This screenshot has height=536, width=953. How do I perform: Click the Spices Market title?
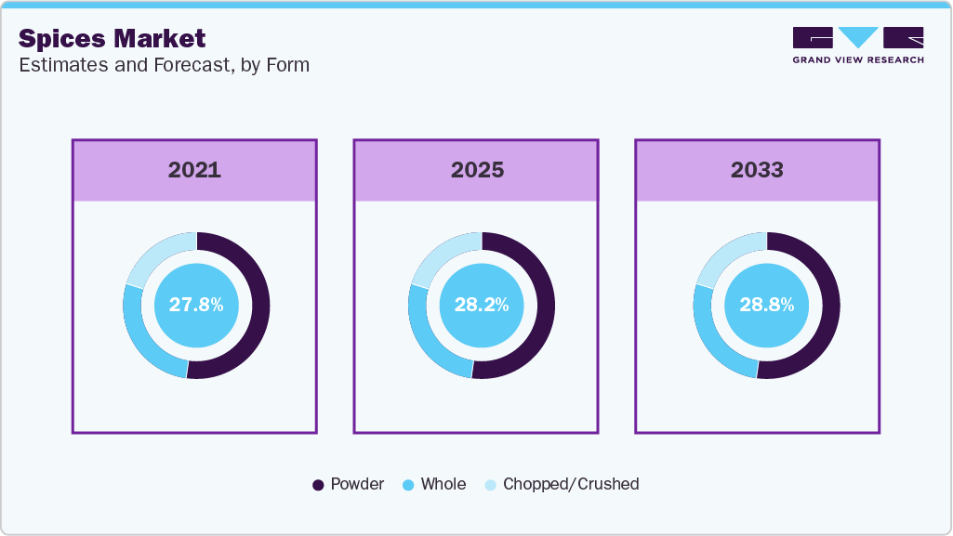tap(112, 39)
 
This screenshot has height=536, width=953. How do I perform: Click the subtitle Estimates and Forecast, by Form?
tap(164, 65)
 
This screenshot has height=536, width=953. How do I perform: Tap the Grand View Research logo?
tap(858, 46)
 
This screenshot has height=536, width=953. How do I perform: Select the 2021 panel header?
tap(194, 170)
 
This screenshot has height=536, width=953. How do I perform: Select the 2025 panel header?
tap(476, 170)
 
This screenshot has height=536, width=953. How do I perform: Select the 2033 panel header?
tap(758, 170)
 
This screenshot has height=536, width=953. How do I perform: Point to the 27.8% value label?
tap(196, 305)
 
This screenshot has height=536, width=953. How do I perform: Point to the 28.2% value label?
tap(482, 305)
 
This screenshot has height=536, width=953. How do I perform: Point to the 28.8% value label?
tap(767, 305)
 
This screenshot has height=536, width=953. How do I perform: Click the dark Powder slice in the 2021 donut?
tap(260, 306)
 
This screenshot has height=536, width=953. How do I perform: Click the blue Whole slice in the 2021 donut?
tap(141, 341)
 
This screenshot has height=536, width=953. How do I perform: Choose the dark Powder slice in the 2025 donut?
tap(546, 306)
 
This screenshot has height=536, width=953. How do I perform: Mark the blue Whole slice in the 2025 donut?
tap(428, 341)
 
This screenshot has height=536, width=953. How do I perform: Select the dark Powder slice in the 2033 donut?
tap(831, 306)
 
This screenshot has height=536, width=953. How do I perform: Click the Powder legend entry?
tap(348, 484)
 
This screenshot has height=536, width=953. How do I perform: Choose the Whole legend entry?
tap(434, 484)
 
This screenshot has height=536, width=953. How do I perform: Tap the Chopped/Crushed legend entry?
tap(562, 484)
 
